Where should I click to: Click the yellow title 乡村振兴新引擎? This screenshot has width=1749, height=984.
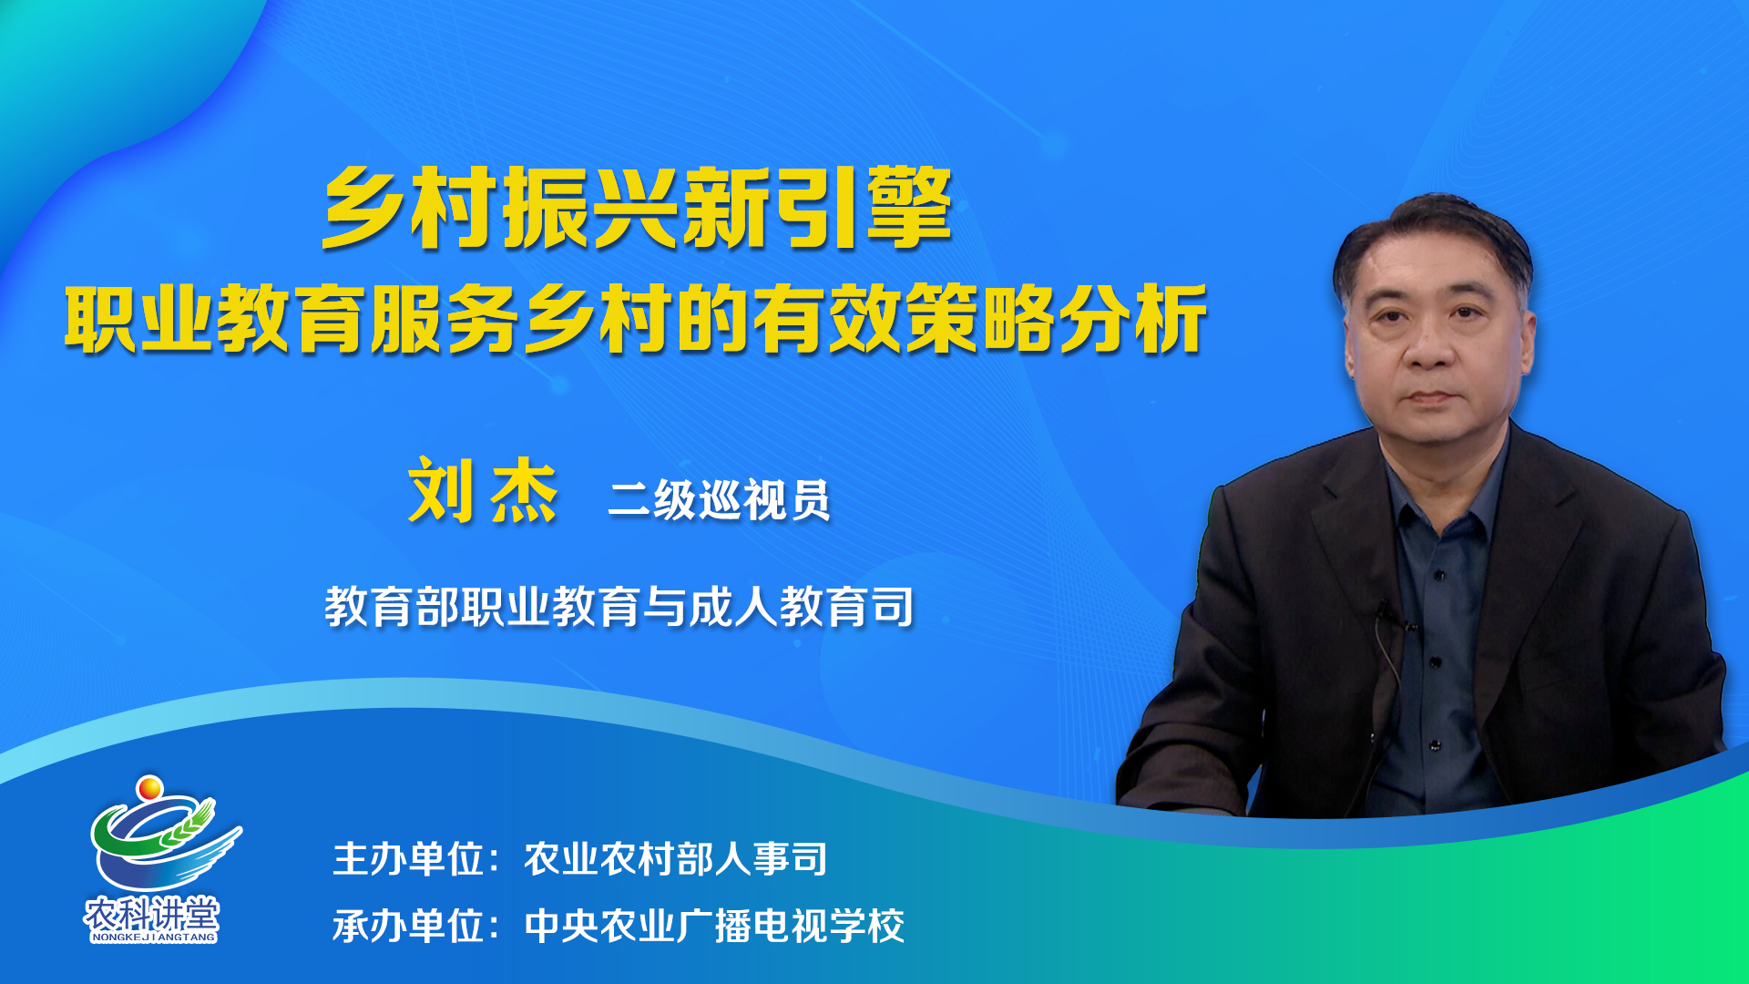click(637, 208)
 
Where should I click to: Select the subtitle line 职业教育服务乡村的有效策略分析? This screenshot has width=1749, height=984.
click(636, 318)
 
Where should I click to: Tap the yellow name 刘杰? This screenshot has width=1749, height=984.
click(483, 491)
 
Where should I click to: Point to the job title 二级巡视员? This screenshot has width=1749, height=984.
click(719, 499)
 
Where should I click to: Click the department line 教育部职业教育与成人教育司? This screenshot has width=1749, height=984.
click(619, 606)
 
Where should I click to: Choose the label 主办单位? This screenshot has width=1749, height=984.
click(408, 859)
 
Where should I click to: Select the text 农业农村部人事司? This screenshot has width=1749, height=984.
click(675, 859)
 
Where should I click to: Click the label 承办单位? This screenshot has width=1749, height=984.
click(408, 926)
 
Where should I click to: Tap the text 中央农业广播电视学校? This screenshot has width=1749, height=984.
click(714, 926)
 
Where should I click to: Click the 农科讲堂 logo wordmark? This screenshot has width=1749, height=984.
click(152, 912)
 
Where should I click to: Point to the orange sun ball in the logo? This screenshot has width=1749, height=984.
click(149, 786)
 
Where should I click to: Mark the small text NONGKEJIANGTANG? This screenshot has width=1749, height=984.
click(153, 937)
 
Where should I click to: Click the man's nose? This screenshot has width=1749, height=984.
click(1431, 346)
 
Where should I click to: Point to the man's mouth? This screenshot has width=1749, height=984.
click(1431, 397)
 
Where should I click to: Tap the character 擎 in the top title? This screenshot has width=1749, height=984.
click(909, 208)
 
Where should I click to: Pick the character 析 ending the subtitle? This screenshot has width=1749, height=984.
click(1171, 318)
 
